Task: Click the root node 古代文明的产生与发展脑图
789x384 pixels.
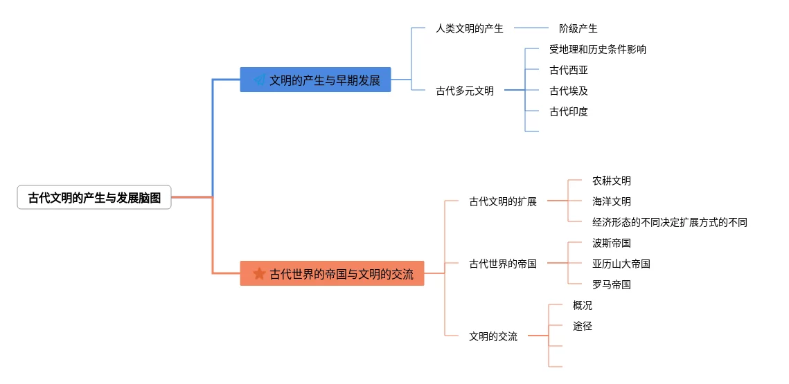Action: pos(94,198)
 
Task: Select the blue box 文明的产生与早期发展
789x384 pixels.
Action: pos(315,80)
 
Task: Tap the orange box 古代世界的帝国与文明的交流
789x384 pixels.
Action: pos(332,273)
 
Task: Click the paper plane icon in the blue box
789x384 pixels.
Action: pos(259,80)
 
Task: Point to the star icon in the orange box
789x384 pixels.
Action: pos(259,273)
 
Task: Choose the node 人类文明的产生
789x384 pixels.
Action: pos(469,28)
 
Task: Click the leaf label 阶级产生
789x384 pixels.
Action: pos(578,28)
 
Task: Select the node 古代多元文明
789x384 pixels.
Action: pos(464,91)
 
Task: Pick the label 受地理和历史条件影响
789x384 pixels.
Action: pos(597,49)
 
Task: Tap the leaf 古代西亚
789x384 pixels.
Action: pos(568,70)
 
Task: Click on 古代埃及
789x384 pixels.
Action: pos(568,91)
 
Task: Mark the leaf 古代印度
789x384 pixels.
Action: pos(568,111)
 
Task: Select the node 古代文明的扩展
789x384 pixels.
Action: pos(502,201)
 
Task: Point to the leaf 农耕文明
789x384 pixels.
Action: pos(611,181)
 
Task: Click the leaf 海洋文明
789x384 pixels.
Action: pos(611,201)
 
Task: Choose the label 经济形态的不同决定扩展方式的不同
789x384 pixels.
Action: pos(669,222)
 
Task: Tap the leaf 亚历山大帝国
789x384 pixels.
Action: pos(621,264)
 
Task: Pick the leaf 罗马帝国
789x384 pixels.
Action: pos(611,284)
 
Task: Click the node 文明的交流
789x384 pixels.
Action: pos(493,336)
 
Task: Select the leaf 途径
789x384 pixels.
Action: pos(582,326)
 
